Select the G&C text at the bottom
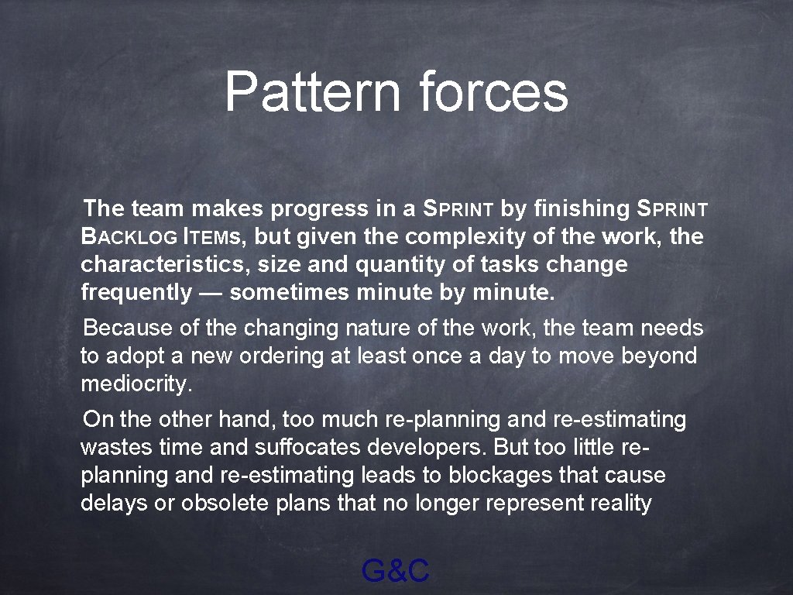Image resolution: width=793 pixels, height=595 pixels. [x=396, y=572]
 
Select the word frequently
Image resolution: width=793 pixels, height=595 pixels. [x=136, y=293]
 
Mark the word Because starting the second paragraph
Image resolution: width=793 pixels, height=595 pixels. [x=129, y=328]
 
